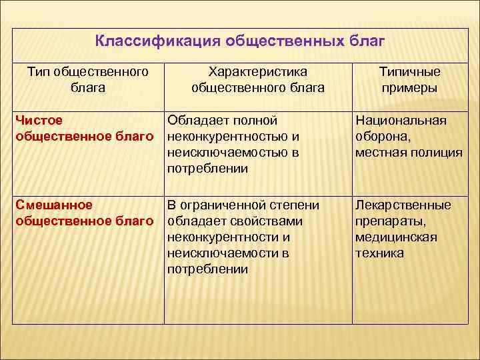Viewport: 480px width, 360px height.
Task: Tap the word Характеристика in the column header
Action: pyautogui.click(x=257, y=71)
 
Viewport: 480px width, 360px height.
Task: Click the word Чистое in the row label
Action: pyautogui.click(x=39, y=121)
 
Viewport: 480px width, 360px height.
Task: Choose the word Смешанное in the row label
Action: pyautogui.click(x=53, y=205)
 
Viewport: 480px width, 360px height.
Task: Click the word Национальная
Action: pyautogui.click(x=401, y=121)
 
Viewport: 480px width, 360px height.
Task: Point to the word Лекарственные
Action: pyautogui.click(x=403, y=205)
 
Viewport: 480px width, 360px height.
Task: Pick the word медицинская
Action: pyautogui.click(x=396, y=237)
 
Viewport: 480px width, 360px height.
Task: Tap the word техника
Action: pyautogui.click(x=379, y=253)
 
